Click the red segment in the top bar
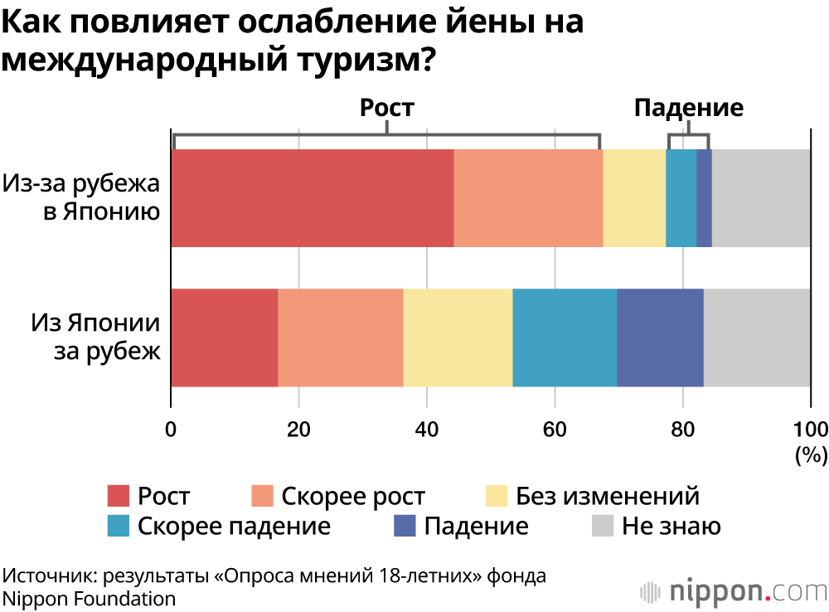click(313, 198)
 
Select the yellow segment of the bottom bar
click(458, 338)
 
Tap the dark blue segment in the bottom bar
click(660, 338)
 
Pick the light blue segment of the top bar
click(681, 198)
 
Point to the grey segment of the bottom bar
click(757, 338)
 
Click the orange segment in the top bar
click(528, 198)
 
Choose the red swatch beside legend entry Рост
click(119, 497)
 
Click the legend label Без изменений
click(607, 497)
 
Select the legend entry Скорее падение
click(234, 526)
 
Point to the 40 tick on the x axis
click(426, 429)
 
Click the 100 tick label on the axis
click(811, 429)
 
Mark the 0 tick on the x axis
click(171, 429)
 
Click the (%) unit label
click(811, 454)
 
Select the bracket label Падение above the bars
click(689, 108)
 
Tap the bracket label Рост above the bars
click(386, 108)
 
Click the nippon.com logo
click(733, 591)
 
